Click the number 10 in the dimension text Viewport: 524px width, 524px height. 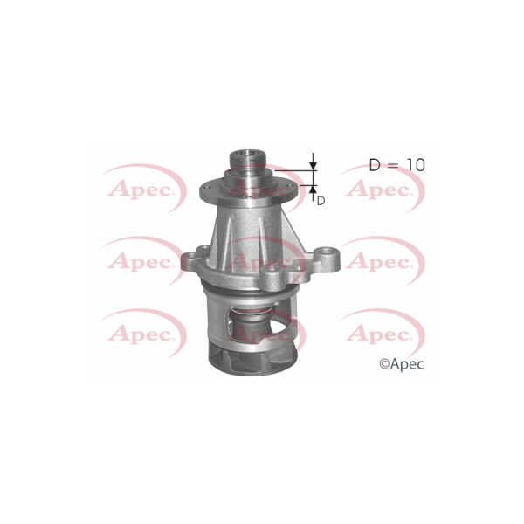click(416, 165)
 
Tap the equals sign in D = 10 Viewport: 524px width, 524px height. click(393, 165)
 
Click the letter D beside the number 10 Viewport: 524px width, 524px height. click(375, 165)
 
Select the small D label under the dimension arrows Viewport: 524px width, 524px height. click(321, 201)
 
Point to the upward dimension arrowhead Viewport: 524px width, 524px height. click(313, 190)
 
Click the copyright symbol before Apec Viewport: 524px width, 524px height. click(384, 363)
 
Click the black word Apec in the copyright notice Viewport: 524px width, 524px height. click(407, 364)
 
